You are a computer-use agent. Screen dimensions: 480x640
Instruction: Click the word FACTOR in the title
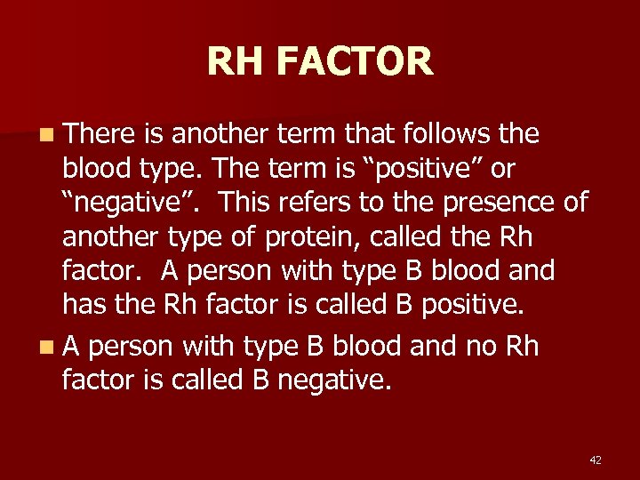354,62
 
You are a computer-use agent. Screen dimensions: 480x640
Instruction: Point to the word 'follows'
446,134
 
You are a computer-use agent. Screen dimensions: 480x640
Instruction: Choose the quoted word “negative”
133,203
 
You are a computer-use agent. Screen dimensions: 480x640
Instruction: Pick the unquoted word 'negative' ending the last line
333,380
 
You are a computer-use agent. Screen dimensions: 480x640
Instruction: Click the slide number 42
596,460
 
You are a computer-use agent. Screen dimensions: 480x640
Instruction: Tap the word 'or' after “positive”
503,168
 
